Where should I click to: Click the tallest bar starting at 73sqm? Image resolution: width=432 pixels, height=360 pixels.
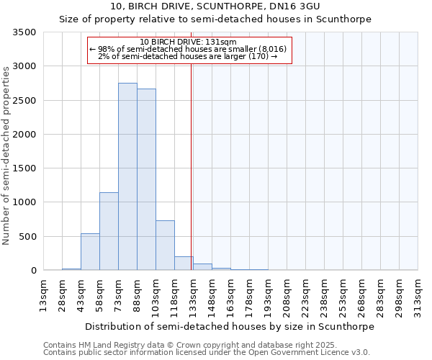127,176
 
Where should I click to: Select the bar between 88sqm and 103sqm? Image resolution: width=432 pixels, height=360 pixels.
146,179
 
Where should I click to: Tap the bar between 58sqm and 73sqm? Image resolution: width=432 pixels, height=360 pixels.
109,231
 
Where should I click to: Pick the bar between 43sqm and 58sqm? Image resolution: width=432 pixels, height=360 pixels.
90,252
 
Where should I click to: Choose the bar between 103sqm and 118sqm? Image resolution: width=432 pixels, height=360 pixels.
165,246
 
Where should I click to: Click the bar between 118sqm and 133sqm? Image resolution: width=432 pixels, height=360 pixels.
184,264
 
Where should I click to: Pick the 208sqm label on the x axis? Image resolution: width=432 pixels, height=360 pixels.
287,295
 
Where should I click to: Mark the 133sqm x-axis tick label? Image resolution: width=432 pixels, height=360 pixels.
193,295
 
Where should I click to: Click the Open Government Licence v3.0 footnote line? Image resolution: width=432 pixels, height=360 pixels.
207,353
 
